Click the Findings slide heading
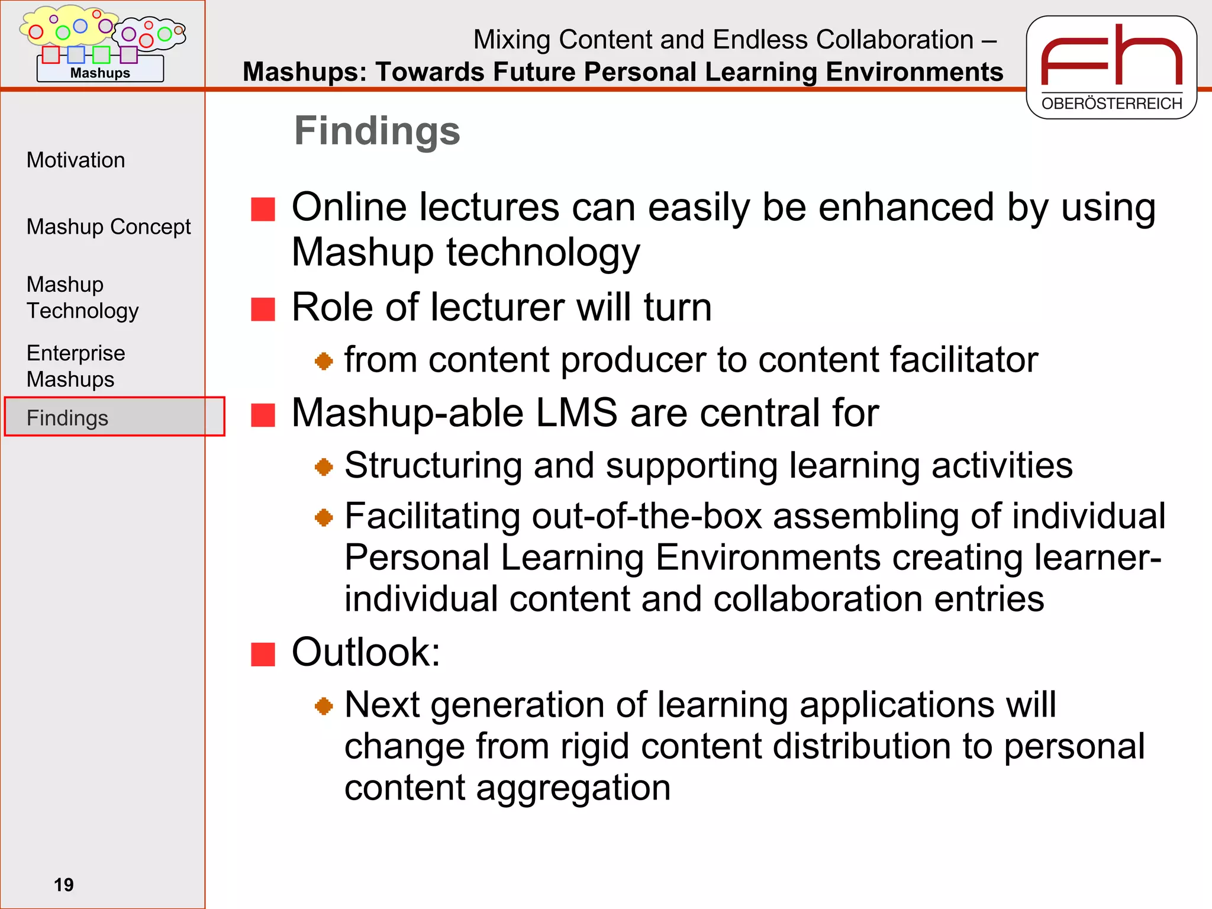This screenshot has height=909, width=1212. [x=377, y=131]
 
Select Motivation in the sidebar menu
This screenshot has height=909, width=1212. [x=76, y=160]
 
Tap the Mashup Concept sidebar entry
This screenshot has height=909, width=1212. [x=108, y=227]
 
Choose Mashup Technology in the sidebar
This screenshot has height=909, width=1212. [x=82, y=297]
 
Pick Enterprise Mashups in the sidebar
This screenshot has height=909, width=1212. [x=76, y=366]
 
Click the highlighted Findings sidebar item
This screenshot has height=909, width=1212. [x=67, y=418]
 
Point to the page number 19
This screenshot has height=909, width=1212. [x=63, y=885]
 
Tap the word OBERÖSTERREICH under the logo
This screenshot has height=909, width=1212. [x=1111, y=104]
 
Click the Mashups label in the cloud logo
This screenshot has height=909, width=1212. [x=100, y=73]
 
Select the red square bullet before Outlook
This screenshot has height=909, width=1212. [x=263, y=655]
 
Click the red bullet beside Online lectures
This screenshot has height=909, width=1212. [x=263, y=209]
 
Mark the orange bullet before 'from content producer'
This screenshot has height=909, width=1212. [x=324, y=360]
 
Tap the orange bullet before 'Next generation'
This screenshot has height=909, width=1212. [x=324, y=705]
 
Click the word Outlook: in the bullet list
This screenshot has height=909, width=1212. [x=366, y=652]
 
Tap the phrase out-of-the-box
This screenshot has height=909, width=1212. [x=646, y=516]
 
